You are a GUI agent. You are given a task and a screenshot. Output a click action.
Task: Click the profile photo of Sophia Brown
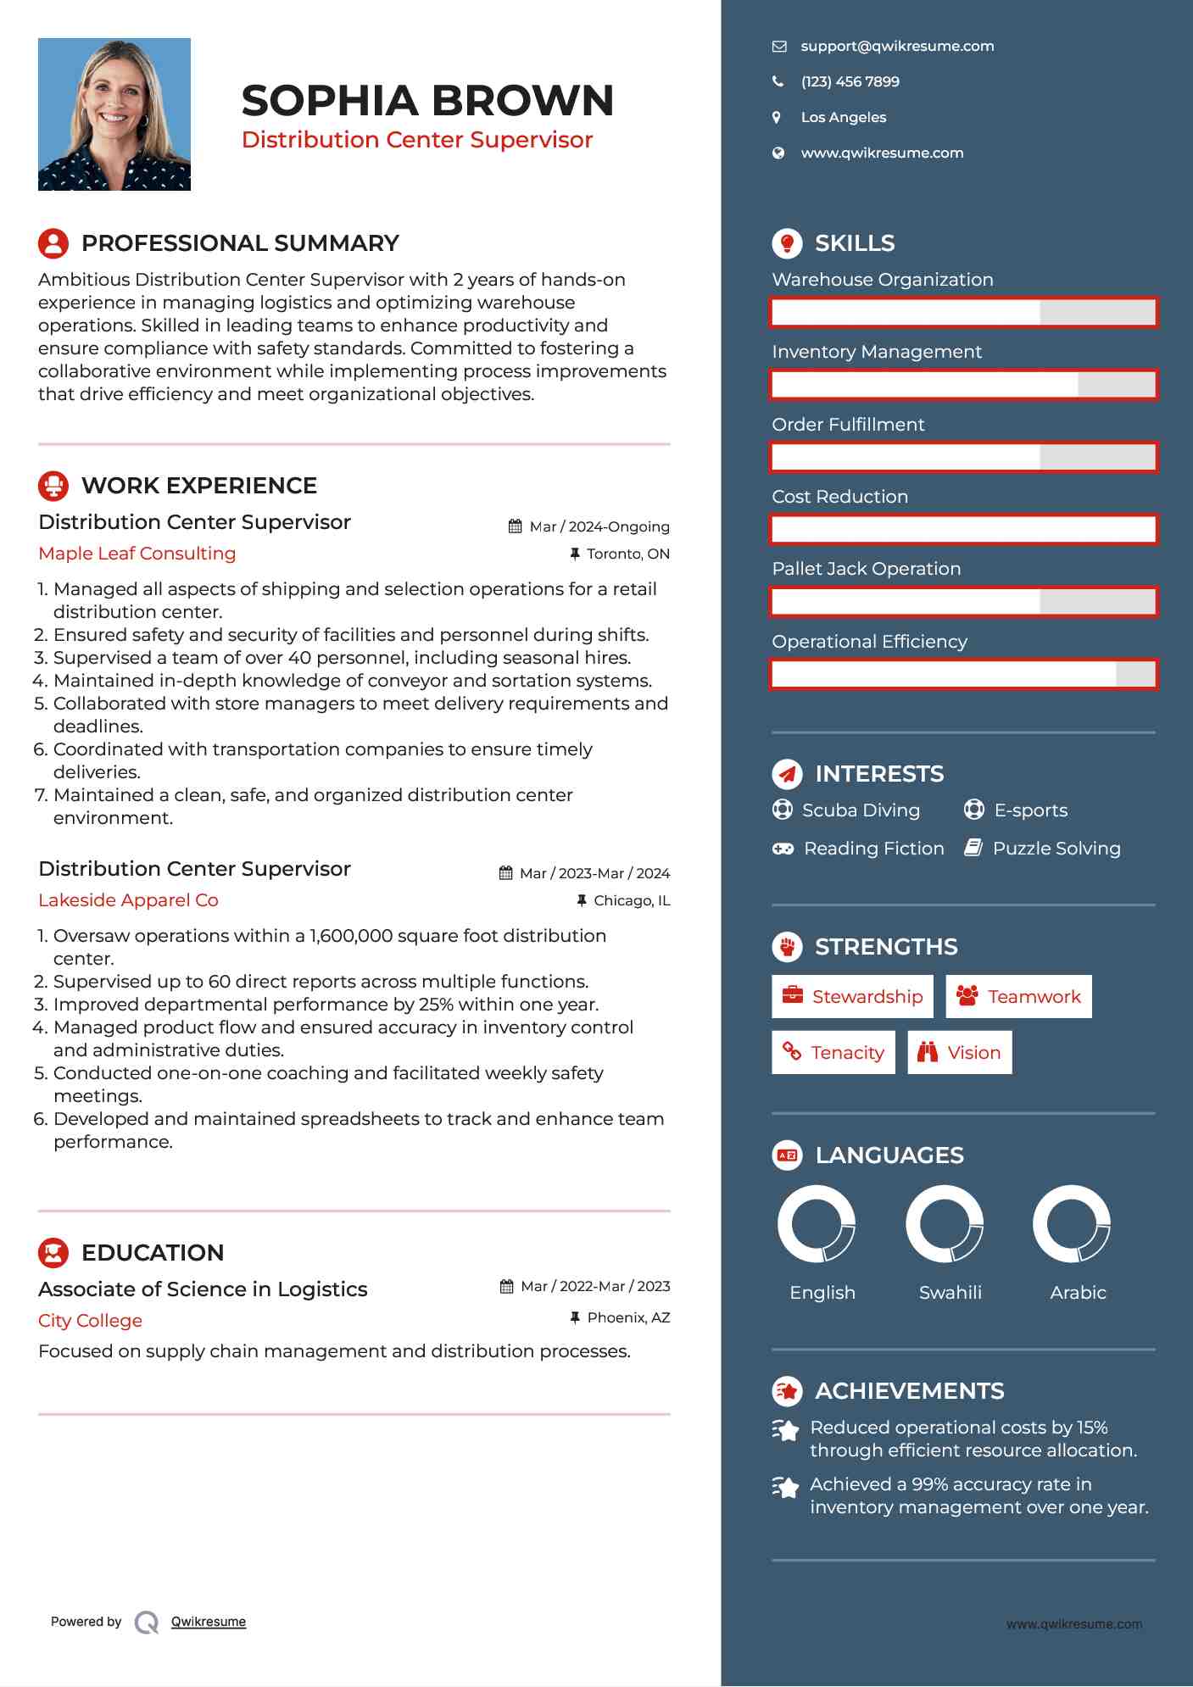(x=114, y=114)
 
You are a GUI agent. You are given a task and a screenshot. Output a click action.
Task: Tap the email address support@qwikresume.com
(x=897, y=47)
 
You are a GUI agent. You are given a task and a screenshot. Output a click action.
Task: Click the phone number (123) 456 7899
(x=850, y=82)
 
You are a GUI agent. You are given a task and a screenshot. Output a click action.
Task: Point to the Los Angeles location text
(x=843, y=118)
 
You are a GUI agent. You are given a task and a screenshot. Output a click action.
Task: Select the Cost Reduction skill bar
(x=963, y=529)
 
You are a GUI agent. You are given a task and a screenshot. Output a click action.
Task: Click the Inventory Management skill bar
(x=963, y=385)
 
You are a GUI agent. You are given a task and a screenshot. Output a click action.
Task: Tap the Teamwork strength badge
(x=1018, y=996)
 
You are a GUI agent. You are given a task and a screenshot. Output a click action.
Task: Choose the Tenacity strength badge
(x=833, y=1052)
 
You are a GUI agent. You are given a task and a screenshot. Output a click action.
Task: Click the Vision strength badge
(x=959, y=1052)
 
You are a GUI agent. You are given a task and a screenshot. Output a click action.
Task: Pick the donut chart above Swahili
(x=944, y=1223)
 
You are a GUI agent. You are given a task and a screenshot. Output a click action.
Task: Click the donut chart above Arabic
(x=1071, y=1223)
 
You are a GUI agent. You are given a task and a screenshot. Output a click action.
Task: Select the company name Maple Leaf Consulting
(x=137, y=554)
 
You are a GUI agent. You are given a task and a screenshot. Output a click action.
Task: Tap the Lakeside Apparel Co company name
(x=128, y=900)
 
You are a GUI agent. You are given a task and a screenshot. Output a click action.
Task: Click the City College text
(x=90, y=1321)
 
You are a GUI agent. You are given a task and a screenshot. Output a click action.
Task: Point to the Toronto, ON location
(x=627, y=554)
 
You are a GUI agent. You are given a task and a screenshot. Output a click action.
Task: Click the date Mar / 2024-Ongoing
(x=599, y=527)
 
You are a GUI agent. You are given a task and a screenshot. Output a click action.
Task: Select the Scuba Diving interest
(x=860, y=810)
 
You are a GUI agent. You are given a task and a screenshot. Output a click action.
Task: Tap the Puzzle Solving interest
(x=1056, y=849)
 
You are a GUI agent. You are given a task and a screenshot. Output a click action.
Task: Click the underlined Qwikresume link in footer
(x=209, y=1622)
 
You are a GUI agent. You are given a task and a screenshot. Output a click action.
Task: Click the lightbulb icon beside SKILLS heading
(x=787, y=243)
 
